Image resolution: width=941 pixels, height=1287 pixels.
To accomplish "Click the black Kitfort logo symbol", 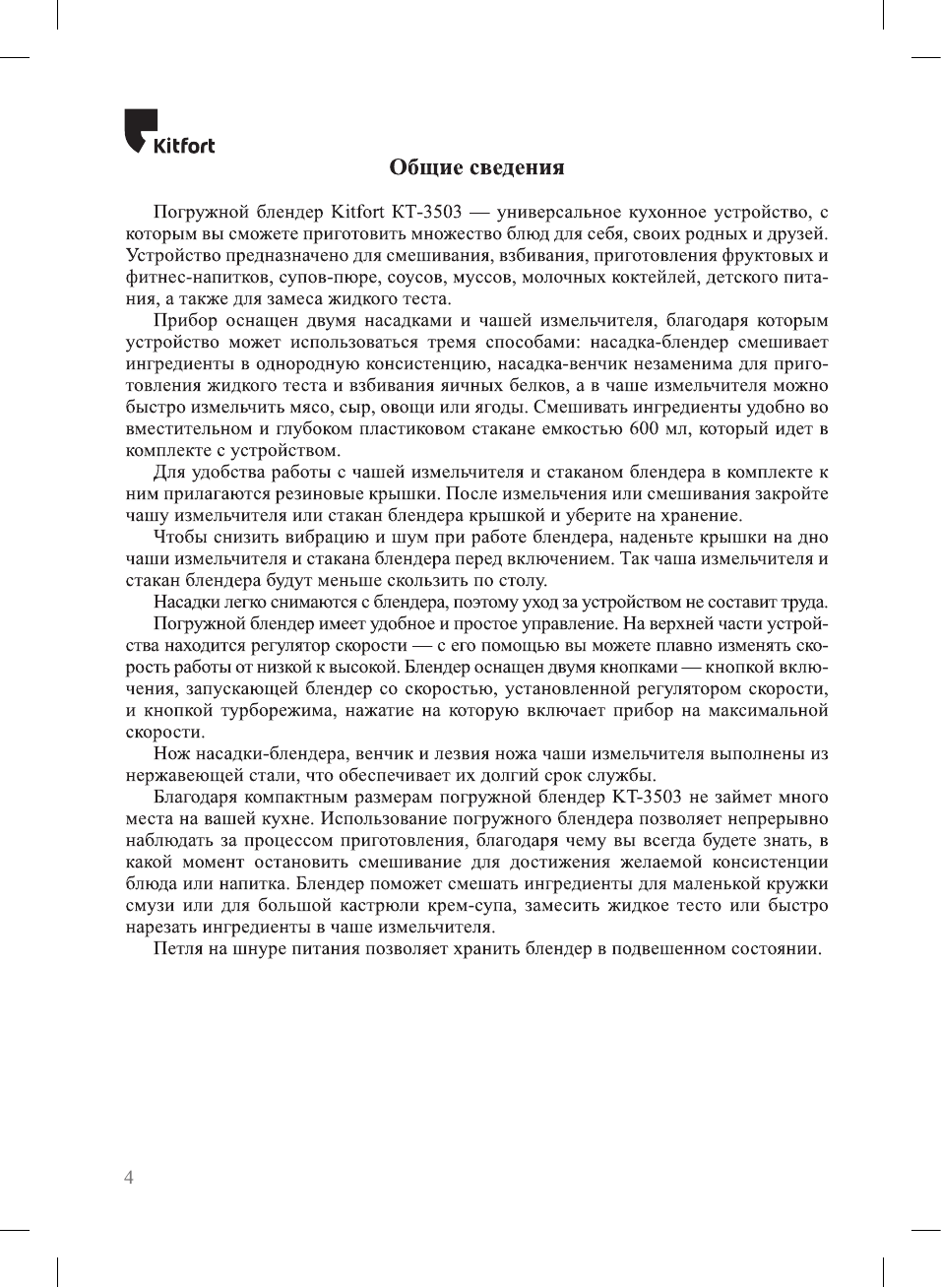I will click(140, 129).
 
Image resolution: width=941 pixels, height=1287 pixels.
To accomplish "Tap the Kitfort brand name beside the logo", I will click(184, 146).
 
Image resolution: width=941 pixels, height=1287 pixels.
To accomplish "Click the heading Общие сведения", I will click(476, 167).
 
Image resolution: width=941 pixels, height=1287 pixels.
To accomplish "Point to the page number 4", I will click(129, 1178).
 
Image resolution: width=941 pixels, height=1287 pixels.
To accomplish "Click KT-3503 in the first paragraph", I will click(425, 212).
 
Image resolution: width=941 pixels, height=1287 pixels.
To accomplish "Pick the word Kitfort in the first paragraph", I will click(357, 212).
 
